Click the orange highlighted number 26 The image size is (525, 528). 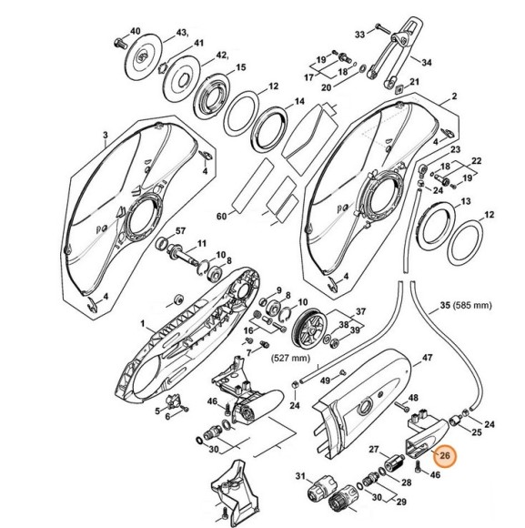point(445,455)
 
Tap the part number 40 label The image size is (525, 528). point(135,31)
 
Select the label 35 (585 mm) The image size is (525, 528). point(466,305)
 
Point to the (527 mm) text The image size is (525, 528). point(290,358)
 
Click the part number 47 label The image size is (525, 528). point(427,357)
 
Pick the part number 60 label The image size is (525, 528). point(221,216)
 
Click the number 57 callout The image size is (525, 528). point(180,231)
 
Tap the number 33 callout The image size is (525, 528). point(359,35)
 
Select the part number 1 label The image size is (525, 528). point(142,324)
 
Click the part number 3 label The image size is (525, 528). point(106,136)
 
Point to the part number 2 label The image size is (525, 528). point(454,96)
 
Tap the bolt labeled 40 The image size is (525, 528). point(120,43)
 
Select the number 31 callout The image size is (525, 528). point(300,476)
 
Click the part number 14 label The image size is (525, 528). point(299,101)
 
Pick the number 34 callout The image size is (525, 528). point(426,63)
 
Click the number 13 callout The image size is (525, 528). point(466,201)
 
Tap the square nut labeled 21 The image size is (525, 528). point(399,88)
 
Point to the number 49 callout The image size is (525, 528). point(325,381)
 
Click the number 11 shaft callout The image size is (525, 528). point(201,243)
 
